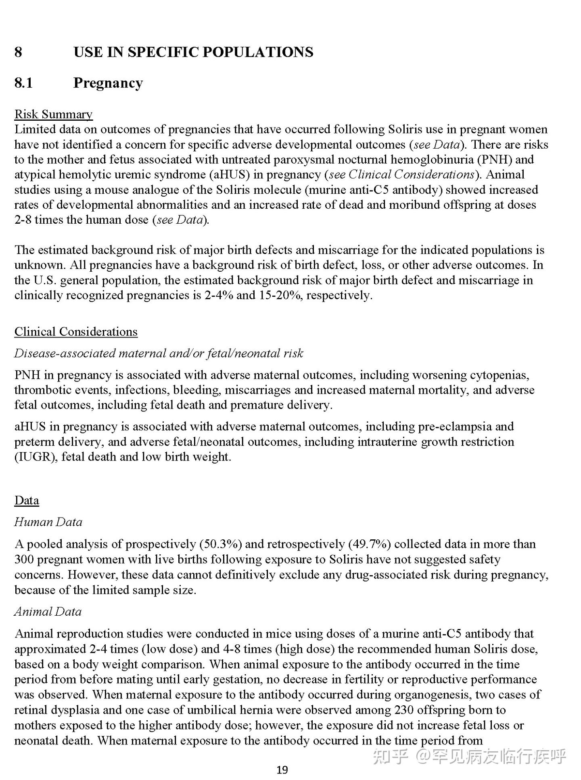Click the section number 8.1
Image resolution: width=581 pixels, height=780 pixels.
(23, 83)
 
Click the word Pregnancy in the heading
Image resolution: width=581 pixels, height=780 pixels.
(108, 83)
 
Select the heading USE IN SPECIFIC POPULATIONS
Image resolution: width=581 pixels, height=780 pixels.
(193, 52)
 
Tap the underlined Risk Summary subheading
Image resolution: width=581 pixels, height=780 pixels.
(54, 114)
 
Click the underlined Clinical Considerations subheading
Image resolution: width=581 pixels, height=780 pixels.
(76, 331)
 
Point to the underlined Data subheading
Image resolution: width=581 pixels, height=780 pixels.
(27, 500)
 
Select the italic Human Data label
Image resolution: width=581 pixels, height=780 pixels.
(48, 522)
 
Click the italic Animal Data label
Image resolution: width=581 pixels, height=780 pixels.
(48, 612)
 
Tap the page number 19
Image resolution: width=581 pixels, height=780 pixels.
(282, 770)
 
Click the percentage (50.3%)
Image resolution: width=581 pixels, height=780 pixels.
(221, 544)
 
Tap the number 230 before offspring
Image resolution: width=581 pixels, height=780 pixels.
(404, 710)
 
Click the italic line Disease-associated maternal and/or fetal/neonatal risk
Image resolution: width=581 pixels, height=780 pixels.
(159, 353)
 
